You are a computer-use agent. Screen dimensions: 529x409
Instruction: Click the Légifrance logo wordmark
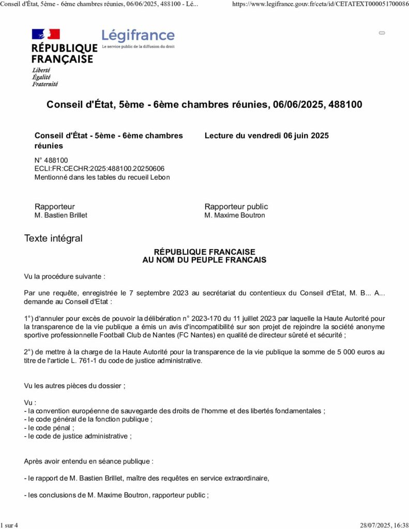pyautogui.click(x=138, y=36)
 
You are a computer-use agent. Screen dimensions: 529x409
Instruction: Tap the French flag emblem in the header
pyautogui.click(x=46, y=35)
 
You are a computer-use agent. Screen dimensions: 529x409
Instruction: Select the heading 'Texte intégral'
pyautogui.click(x=53, y=239)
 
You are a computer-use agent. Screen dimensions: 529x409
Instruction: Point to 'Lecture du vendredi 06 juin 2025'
pyautogui.click(x=266, y=136)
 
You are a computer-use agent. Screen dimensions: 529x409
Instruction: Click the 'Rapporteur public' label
pyautogui.click(x=236, y=207)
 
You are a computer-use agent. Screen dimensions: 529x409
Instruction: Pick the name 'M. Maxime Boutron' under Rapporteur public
pyautogui.click(x=235, y=215)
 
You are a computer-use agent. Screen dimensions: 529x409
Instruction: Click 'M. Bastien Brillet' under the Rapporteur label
pyautogui.click(x=61, y=215)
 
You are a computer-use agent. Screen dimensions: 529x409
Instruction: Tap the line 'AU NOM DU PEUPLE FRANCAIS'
pyautogui.click(x=204, y=260)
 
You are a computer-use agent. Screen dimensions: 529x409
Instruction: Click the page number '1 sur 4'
pyautogui.click(x=9, y=525)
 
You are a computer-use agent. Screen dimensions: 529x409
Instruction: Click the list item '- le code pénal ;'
pyautogui.click(x=49, y=428)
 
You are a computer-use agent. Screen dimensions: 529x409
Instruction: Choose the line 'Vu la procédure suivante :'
pyautogui.click(x=65, y=277)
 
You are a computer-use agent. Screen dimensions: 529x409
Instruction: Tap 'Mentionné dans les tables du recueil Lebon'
pyautogui.click(x=102, y=177)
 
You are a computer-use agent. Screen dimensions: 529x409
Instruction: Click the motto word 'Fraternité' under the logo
pyautogui.click(x=45, y=84)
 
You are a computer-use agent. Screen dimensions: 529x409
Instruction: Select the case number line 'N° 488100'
pyautogui.click(x=51, y=160)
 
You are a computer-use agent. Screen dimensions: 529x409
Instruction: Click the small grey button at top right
pyautogui.click(x=382, y=33)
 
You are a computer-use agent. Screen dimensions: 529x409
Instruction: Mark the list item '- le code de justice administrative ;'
pyautogui.click(x=78, y=436)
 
